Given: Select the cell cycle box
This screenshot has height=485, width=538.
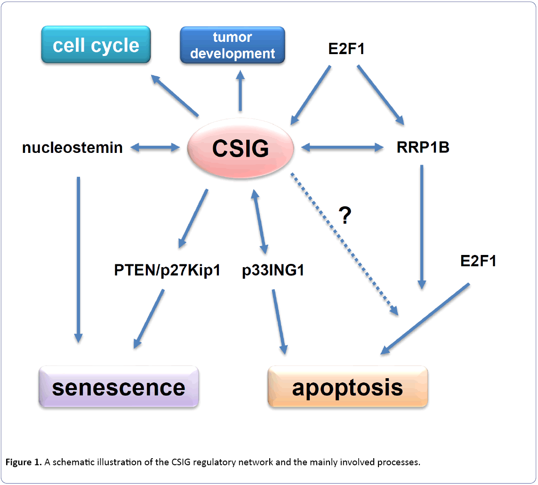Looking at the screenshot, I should click(x=96, y=45).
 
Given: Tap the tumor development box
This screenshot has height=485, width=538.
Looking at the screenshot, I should click(x=233, y=45).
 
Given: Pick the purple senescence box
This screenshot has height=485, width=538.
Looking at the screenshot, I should click(x=119, y=387).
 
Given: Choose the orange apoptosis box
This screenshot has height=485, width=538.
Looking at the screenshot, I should click(x=348, y=387).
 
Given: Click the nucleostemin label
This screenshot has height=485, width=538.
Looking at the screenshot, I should click(x=72, y=148).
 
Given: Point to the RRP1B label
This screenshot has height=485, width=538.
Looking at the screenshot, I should click(x=423, y=148).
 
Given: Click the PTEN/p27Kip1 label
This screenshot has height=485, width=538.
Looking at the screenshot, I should click(x=168, y=271).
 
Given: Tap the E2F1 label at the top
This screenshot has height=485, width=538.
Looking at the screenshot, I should click(x=345, y=48).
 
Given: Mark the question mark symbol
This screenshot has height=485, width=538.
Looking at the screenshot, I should click(x=345, y=215).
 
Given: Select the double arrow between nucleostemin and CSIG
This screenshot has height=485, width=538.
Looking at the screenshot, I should click(x=155, y=148).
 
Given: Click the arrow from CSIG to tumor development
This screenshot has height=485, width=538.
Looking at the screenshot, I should click(x=241, y=91).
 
